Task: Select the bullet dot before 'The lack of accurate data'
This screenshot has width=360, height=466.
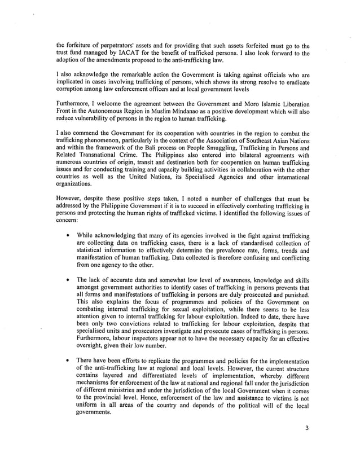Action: [68, 279]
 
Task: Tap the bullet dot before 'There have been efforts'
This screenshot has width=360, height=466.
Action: [68, 360]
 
